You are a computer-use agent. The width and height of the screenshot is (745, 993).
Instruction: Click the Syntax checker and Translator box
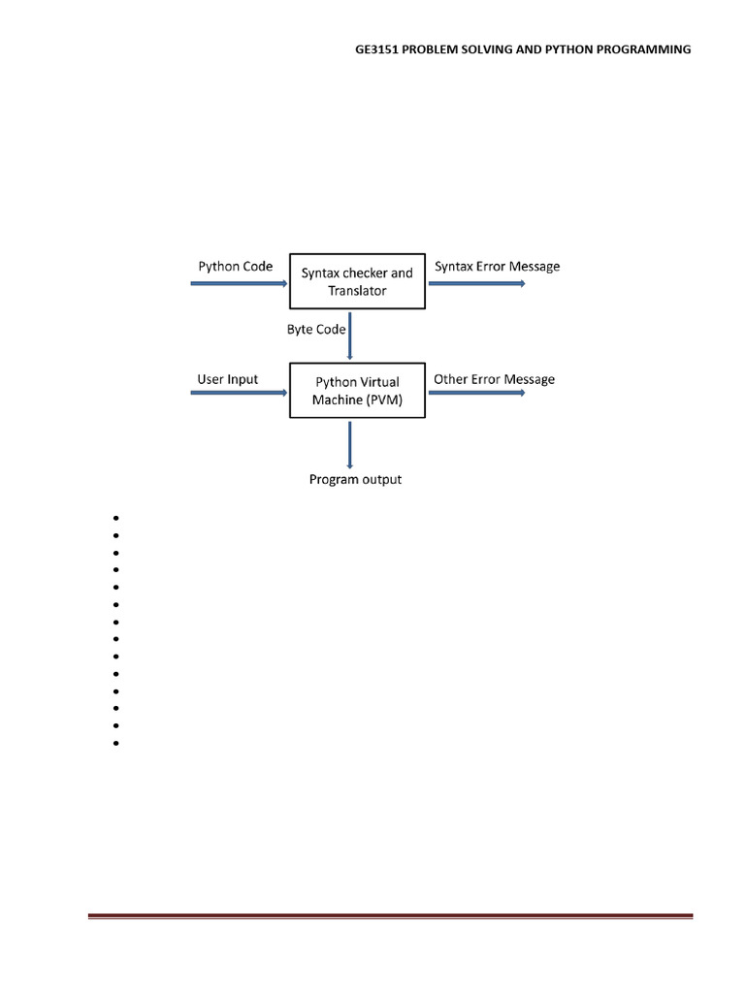(x=357, y=281)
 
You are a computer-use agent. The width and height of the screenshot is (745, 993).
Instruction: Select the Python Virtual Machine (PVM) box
(x=357, y=390)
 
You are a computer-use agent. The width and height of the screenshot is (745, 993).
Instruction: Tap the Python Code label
(x=236, y=267)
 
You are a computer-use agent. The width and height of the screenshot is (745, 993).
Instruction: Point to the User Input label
(x=227, y=379)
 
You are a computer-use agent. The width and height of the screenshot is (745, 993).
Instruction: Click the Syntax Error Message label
(x=498, y=267)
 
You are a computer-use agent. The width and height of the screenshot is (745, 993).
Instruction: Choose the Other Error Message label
(x=494, y=379)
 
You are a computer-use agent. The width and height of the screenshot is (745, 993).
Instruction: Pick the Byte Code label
(x=316, y=330)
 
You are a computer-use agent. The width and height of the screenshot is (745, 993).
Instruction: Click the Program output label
(x=355, y=479)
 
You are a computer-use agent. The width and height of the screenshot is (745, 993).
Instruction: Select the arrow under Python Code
(x=239, y=284)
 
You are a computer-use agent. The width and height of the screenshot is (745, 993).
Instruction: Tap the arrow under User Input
(x=239, y=393)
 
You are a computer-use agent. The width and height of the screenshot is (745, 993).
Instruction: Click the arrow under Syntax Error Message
(x=477, y=284)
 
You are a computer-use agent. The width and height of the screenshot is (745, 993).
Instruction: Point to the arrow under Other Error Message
(x=477, y=393)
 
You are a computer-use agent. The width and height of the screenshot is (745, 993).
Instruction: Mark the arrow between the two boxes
(x=349, y=336)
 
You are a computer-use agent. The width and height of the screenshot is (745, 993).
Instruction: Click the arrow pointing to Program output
(x=349, y=445)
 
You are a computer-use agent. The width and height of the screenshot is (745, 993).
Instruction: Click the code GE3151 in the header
(x=377, y=49)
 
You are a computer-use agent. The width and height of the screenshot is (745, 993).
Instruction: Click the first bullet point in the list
(x=116, y=518)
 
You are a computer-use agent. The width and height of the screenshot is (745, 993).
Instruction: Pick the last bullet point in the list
(x=116, y=743)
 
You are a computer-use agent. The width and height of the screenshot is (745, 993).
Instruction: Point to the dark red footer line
(x=390, y=915)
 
